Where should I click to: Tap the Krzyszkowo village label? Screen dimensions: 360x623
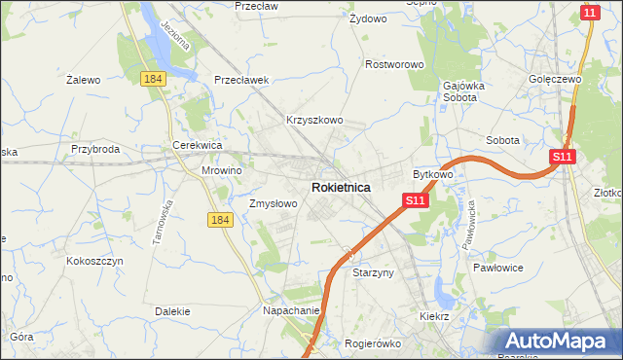314,120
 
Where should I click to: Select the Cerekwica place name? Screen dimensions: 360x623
198,144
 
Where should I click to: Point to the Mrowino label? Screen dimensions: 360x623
221,169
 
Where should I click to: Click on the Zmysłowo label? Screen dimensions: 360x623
273,204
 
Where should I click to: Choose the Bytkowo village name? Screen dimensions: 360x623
433,174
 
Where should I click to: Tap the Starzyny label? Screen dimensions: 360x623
373,273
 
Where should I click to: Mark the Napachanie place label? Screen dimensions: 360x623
291,310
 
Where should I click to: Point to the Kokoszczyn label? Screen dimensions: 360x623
93,261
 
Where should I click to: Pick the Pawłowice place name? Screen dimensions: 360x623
498,267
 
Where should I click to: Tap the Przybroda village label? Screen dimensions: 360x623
95,149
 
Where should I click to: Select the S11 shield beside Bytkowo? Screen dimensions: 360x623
415,200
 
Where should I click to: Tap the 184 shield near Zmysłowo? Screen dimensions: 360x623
220,221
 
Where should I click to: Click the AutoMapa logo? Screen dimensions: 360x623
558,342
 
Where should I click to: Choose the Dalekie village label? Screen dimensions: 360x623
171,311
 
